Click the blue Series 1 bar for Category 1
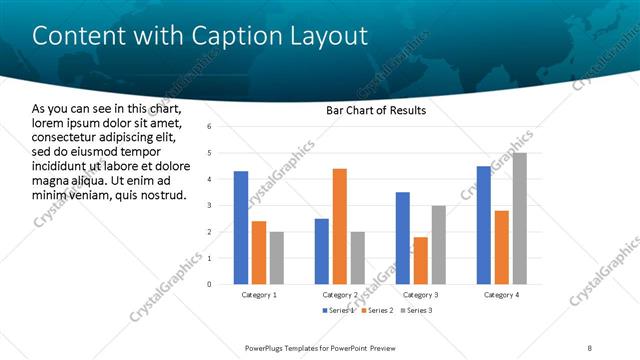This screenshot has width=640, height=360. (240, 228)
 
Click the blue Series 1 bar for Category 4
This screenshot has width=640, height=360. (483, 225)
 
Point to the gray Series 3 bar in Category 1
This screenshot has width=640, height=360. (276, 258)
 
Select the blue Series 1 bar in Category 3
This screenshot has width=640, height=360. (402, 238)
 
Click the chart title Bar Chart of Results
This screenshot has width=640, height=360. (376, 109)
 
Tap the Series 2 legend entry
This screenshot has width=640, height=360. (377, 311)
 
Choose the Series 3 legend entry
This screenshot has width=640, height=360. (418, 311)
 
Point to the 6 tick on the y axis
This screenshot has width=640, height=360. (209, 127)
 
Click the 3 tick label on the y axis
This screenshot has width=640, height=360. (209, 206)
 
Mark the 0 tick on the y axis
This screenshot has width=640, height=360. (209, 284)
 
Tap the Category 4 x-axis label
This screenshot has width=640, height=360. (501, 296)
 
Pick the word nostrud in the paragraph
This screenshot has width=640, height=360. (161, 194)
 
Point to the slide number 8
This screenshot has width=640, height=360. (589, 347)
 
